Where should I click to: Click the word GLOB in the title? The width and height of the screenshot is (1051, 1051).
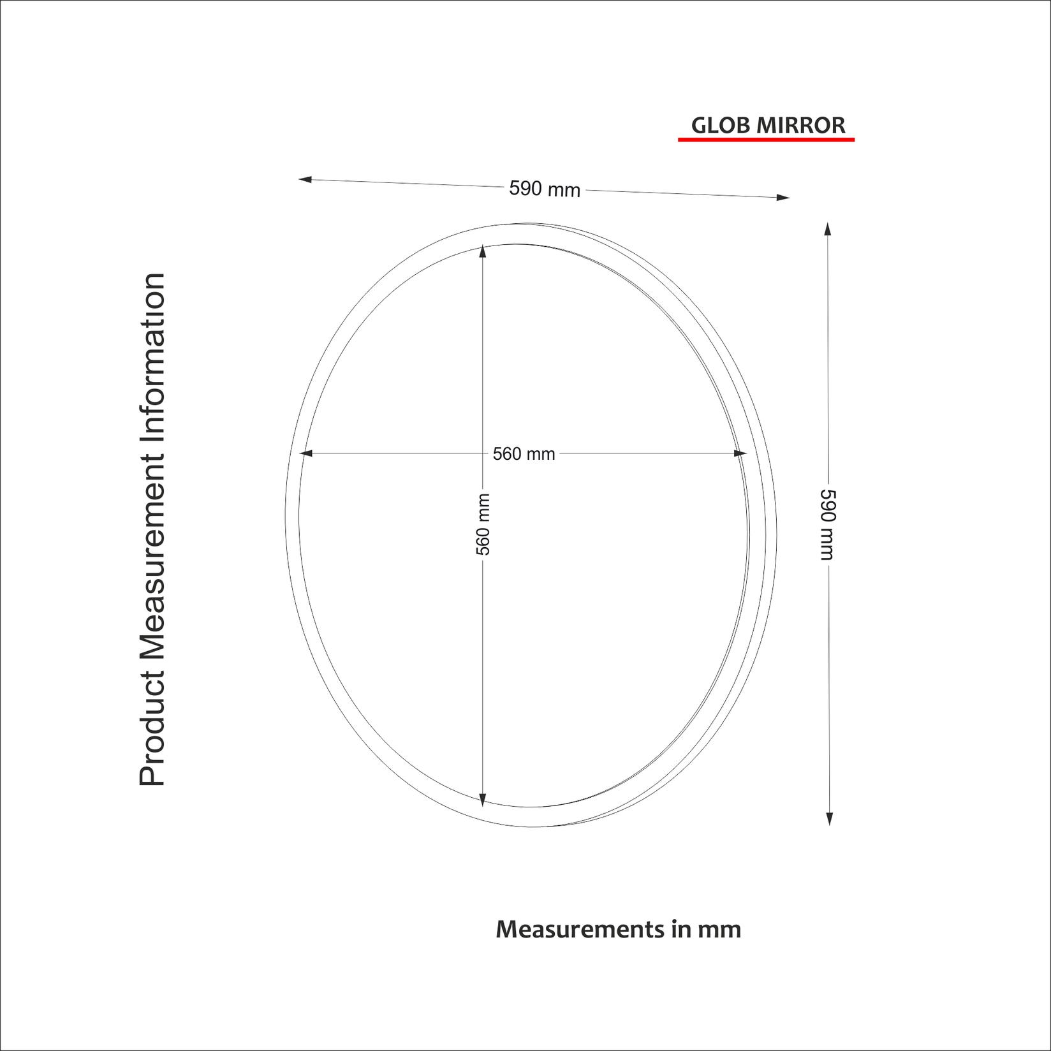[721, 126]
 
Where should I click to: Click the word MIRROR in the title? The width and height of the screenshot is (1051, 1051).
[800, 126]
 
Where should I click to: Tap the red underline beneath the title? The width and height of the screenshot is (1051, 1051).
[765, 139]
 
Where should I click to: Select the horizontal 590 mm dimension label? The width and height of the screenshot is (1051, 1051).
[545, 189]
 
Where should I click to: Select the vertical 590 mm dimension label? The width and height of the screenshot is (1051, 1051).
[827, 524]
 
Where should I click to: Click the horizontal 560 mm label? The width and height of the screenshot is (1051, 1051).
[524, 454]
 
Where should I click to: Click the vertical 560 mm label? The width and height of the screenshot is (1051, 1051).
[483, 524]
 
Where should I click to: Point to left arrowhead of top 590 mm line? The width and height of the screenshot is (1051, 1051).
[305, 180]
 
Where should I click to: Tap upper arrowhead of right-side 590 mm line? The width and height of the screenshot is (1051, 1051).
[827, 229]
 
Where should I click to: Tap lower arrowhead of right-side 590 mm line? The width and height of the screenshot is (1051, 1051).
[829, 819]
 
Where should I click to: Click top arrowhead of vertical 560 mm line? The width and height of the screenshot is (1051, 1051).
[482, 251]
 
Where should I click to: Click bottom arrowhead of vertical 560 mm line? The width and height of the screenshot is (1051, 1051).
[482, 800]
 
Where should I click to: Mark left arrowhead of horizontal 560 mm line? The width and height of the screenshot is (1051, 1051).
[305, 453]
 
